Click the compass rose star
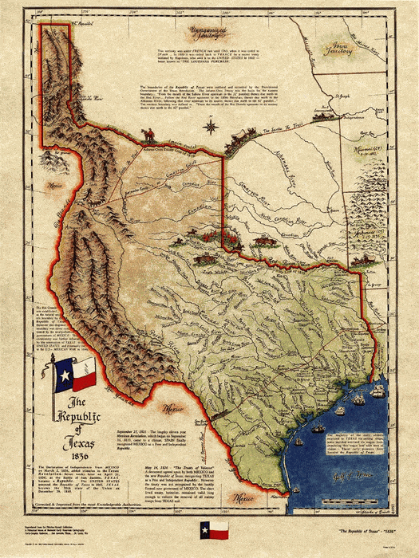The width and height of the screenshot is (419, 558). point(209,125)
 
